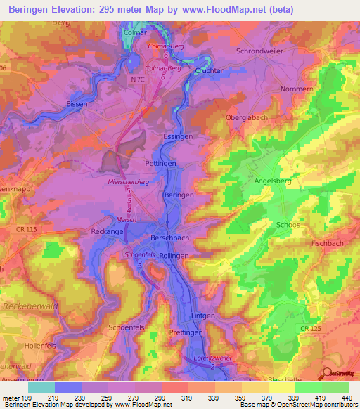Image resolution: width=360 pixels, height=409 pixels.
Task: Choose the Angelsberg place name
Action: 272,181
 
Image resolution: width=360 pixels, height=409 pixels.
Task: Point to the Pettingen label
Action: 160,163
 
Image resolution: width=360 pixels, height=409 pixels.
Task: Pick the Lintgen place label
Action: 203,316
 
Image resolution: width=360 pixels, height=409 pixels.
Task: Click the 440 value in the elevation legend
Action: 345,397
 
